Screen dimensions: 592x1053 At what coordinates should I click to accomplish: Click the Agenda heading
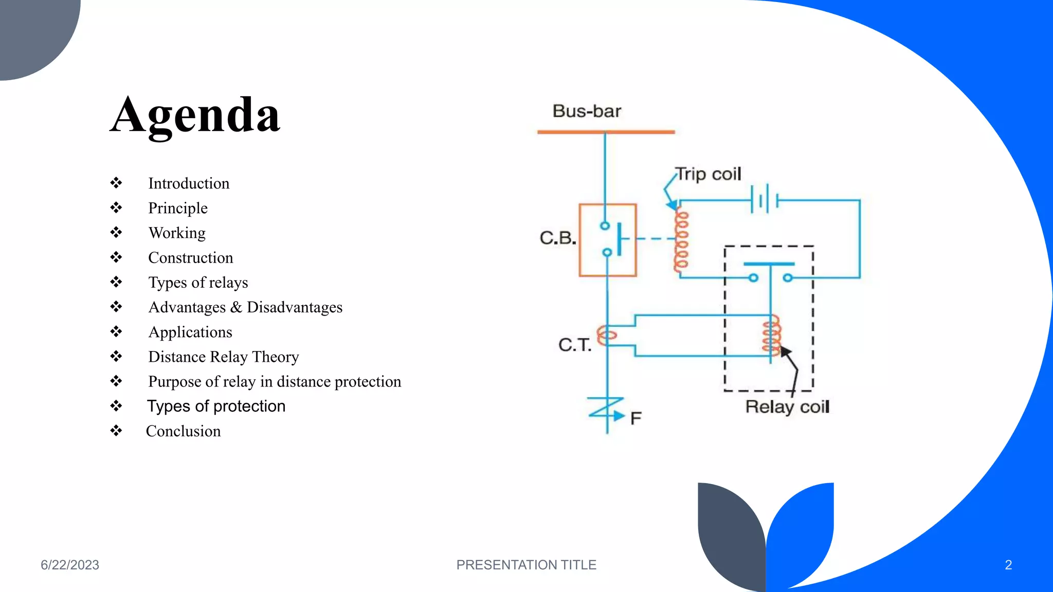coord(195,116)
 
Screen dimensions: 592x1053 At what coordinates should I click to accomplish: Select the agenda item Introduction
coord(189,183)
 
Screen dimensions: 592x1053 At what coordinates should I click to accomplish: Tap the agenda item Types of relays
coord(198,283)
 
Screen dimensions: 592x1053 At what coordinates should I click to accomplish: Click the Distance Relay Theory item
coord(223,357)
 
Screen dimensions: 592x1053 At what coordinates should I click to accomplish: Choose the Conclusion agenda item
coord(183,431)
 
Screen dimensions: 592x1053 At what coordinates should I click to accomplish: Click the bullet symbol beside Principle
coord(116,208)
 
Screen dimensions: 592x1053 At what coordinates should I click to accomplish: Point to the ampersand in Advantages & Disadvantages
coord(236,307)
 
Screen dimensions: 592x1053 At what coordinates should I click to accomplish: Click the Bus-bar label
coord(587,111)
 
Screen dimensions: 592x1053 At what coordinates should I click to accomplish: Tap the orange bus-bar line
coord(606,132)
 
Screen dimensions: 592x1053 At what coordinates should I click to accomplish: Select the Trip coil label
coord(709,174)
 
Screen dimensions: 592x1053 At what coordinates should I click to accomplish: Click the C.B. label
coord(557,238)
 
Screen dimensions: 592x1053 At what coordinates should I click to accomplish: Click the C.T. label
coord(575,345)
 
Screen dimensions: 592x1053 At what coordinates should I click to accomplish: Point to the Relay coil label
coord(787,407)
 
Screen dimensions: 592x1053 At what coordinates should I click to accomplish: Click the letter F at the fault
coord(636,418)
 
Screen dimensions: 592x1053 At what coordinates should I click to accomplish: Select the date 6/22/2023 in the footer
coord(70,565)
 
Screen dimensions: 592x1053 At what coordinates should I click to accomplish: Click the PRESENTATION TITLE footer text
coord(526,565)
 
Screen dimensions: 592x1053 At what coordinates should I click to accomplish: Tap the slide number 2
coord(1008,565)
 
